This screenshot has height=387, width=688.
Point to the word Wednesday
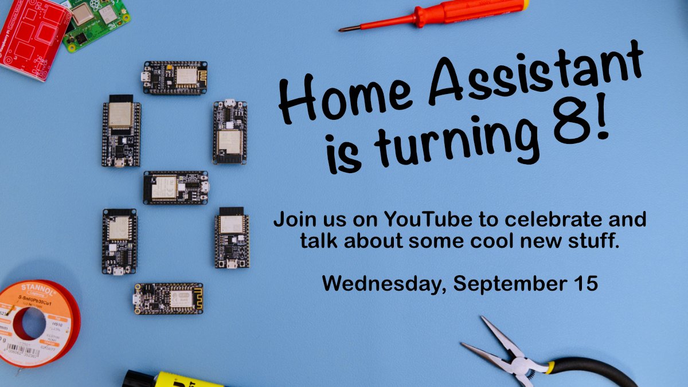[382, 283]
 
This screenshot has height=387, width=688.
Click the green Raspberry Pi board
[95, 23]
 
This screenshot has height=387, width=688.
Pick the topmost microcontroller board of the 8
[175, 77]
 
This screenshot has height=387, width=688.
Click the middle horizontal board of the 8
[175, 187]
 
